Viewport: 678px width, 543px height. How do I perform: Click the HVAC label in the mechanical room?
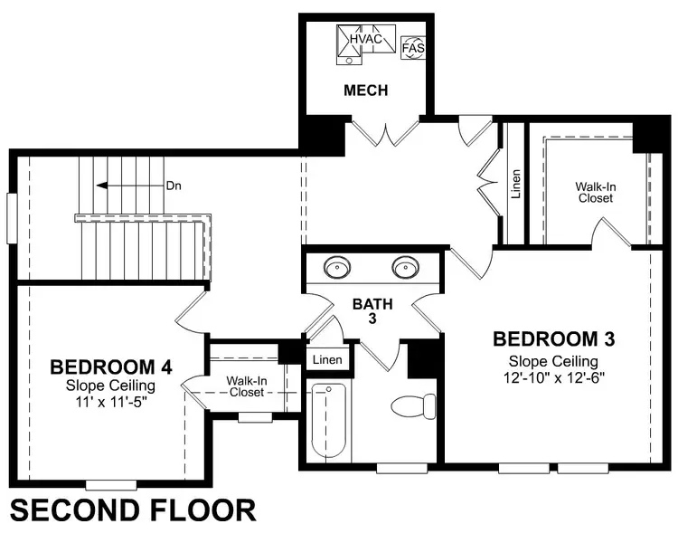(366, 42)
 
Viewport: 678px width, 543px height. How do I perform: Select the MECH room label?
(366, 90)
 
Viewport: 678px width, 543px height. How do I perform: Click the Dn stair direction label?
(174, 186)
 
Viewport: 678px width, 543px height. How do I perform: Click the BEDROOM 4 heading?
(111, 367)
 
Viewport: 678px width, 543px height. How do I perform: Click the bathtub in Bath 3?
(327, 422)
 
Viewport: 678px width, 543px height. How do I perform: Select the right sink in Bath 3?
(406, 268)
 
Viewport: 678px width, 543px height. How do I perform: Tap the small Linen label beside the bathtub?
(327, 360)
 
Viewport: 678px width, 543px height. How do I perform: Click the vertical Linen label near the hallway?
(514, 185)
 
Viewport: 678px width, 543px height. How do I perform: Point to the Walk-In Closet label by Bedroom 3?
(596, 192)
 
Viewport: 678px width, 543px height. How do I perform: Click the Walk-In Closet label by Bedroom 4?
(245, 387)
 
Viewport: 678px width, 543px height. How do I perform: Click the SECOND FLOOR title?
(134, 510)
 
